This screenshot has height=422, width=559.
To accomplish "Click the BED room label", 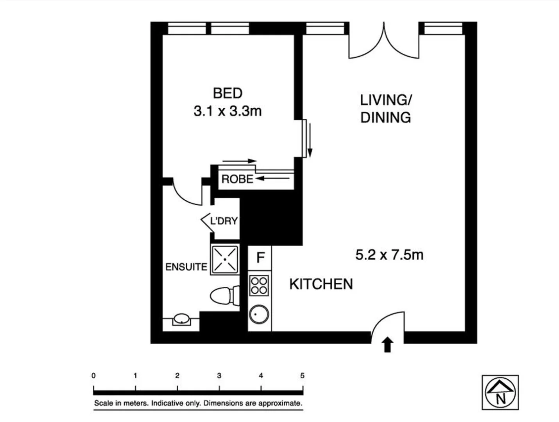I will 228,93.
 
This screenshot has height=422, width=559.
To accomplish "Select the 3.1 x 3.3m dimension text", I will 228,111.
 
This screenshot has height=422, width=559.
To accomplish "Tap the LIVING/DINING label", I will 385,109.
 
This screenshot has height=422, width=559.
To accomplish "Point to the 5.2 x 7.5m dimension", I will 389,255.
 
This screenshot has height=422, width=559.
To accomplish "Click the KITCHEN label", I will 321,284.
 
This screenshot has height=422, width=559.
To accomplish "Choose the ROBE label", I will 237,179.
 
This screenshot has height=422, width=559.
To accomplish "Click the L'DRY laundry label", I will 224,221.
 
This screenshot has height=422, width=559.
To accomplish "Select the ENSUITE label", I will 186,267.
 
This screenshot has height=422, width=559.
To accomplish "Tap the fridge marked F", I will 260,258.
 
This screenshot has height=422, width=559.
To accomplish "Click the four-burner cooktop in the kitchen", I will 259,285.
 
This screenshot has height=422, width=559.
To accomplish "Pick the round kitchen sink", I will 259,315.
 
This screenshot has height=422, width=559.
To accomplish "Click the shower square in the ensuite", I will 225,259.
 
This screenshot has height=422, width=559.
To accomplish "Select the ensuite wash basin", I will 181,319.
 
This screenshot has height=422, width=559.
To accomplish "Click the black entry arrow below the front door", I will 387,345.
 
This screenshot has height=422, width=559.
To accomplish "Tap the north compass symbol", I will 500,392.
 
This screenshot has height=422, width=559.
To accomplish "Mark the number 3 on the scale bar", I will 219,376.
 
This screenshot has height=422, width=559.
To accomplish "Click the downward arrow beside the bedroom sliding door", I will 310,140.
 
